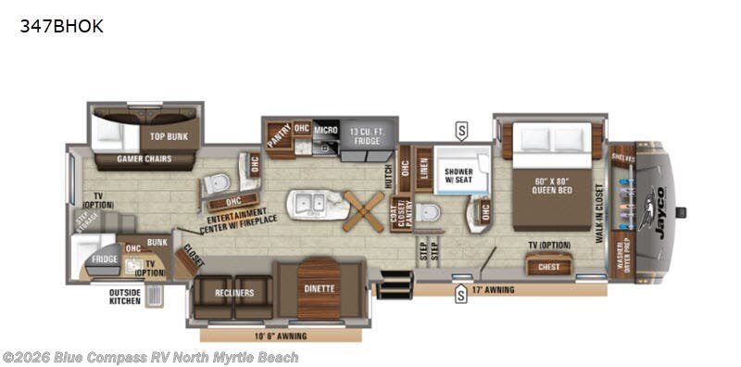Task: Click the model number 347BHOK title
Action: (61, 27)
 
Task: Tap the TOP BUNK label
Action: (169, 136)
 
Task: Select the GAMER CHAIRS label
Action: (142, 158)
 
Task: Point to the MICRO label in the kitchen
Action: (326, 129)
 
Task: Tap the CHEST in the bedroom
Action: (548, 267)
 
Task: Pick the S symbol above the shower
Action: (460, 128)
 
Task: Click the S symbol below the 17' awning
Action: (460, 297)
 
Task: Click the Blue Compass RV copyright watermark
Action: (150, 357)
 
